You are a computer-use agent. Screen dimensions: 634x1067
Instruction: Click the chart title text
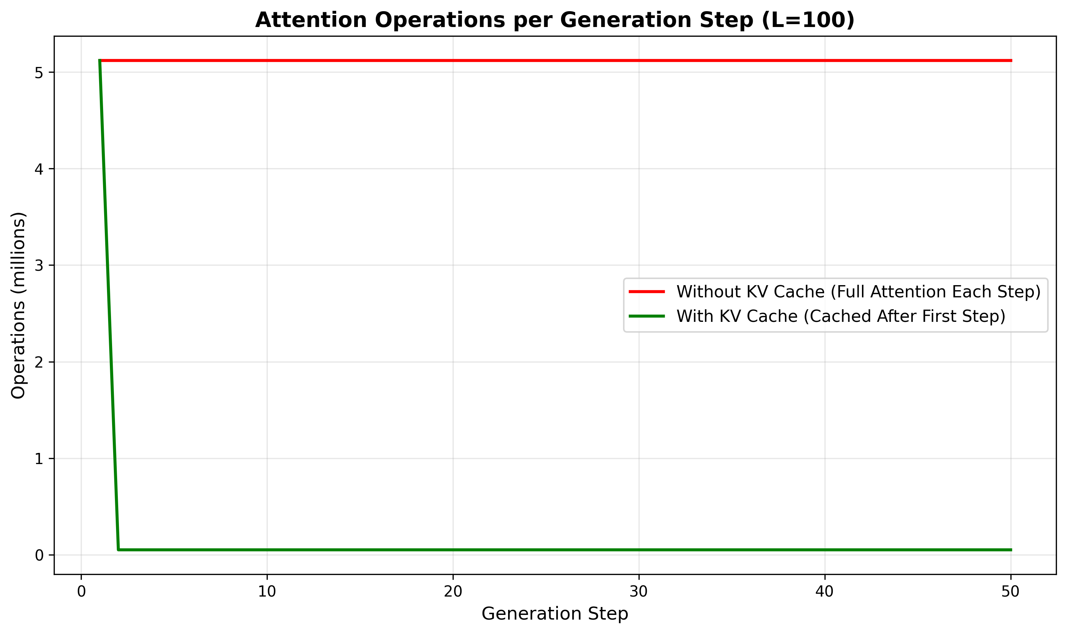555,20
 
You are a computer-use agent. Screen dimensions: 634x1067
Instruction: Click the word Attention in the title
311,20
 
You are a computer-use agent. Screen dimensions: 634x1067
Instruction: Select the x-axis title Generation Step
555,614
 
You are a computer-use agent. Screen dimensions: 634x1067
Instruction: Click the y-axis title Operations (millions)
18,305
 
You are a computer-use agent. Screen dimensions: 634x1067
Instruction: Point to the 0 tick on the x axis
81,592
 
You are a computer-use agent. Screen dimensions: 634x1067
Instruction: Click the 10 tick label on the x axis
267,592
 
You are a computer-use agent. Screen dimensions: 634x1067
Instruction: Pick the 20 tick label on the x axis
453,592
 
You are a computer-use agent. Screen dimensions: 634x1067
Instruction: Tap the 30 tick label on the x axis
639,592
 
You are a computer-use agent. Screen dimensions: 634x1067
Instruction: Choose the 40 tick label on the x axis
824,592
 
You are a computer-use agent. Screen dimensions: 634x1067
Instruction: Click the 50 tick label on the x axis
1010,592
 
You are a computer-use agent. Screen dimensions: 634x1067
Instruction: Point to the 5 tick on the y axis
39,73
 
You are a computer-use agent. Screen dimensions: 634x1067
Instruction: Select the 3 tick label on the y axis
39,266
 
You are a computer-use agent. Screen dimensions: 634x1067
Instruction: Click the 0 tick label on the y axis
39,556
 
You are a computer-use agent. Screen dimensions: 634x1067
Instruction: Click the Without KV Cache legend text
858,292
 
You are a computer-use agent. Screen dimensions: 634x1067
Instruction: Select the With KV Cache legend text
840,316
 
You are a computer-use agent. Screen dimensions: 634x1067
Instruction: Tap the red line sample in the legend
646,292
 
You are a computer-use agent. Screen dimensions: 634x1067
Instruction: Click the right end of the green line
1010,550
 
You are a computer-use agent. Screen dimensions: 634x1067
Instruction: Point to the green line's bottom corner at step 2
119,550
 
